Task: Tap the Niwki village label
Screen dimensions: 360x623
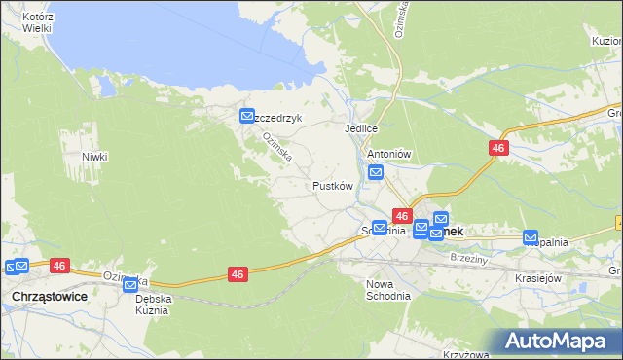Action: coord(94,157)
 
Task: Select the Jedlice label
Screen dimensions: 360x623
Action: coord(360,128)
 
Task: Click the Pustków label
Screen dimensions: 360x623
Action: coord(331,186)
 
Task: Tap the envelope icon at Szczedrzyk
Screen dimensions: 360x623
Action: coord(247,117)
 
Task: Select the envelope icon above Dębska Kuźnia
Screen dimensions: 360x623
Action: coord(130,284)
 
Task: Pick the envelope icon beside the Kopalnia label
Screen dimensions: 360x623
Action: coord(531,236)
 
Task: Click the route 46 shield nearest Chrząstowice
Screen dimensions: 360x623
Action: coord(59,265)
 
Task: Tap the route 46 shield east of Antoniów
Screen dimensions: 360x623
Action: coord(497,148)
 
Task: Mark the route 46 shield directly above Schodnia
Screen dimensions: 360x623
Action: coord(401,215)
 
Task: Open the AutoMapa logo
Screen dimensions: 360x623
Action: coord(559,341)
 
